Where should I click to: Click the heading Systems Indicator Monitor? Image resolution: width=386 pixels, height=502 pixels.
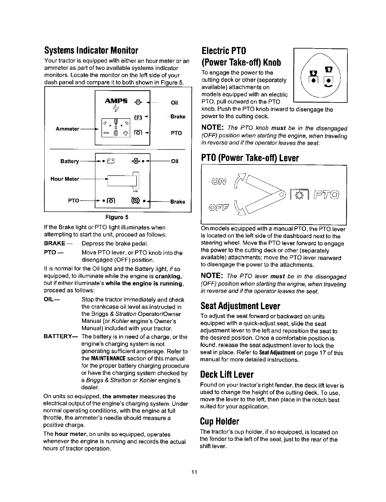tap(91, 50)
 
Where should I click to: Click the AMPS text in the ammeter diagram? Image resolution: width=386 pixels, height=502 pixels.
tap(116, 101)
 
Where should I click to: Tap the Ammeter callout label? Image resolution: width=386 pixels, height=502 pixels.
tap(67, 129)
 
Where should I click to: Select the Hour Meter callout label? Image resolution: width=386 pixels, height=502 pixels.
tap(65, 179)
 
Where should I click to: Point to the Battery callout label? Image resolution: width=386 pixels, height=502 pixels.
tap(70, 161)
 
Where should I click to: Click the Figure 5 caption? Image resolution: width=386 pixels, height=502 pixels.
tap(117, 217)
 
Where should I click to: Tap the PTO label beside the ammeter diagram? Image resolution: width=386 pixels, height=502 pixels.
tap(176, 133)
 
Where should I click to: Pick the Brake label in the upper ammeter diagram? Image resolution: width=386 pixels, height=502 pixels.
tap(178, 117)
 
